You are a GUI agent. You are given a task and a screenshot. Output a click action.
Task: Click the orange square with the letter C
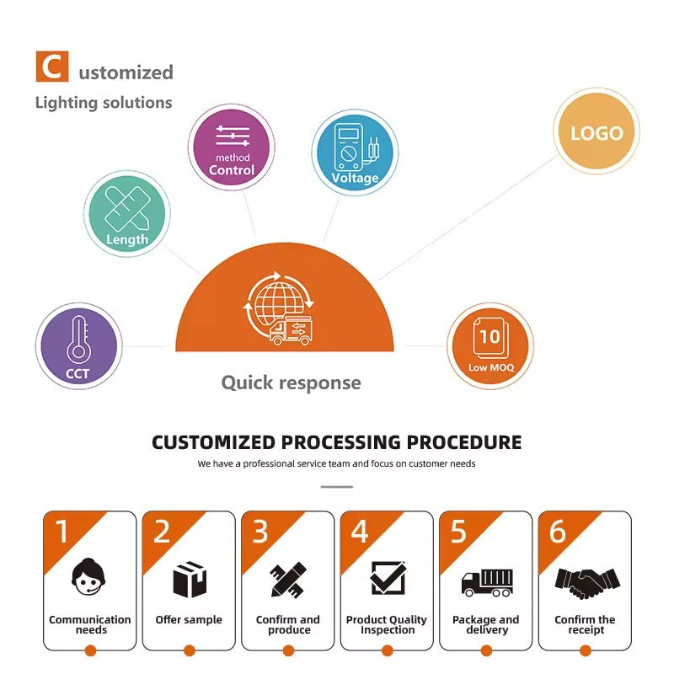click(51, 67)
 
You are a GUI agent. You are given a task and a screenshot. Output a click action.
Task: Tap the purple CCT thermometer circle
click(78, 345)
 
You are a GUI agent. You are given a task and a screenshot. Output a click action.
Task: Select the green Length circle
click(127, 214)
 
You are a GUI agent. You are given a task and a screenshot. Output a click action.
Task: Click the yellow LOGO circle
click(596, 133)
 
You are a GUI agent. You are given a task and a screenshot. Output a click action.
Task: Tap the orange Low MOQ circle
click(490, 346)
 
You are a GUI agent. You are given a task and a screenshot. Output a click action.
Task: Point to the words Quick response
click(291, 382)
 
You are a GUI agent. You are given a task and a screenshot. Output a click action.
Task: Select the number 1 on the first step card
click(61, 531)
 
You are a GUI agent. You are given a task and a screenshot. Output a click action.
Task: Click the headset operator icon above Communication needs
click(89, 579)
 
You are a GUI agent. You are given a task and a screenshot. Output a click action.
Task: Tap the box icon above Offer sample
click(189, 580)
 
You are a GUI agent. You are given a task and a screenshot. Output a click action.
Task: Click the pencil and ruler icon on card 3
click(287, 580)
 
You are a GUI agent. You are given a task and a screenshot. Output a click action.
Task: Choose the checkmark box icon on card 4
click(388, 579)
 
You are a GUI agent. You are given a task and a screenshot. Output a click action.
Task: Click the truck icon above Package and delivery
click(486, 581)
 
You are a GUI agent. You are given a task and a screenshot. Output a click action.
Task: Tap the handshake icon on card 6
click(586, 580)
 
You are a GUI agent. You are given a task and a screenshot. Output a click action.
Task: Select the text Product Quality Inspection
click(387, 624)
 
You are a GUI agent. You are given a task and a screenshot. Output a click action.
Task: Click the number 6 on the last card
click(557, 531)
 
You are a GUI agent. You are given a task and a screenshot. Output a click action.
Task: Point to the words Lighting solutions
click(104, 103)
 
